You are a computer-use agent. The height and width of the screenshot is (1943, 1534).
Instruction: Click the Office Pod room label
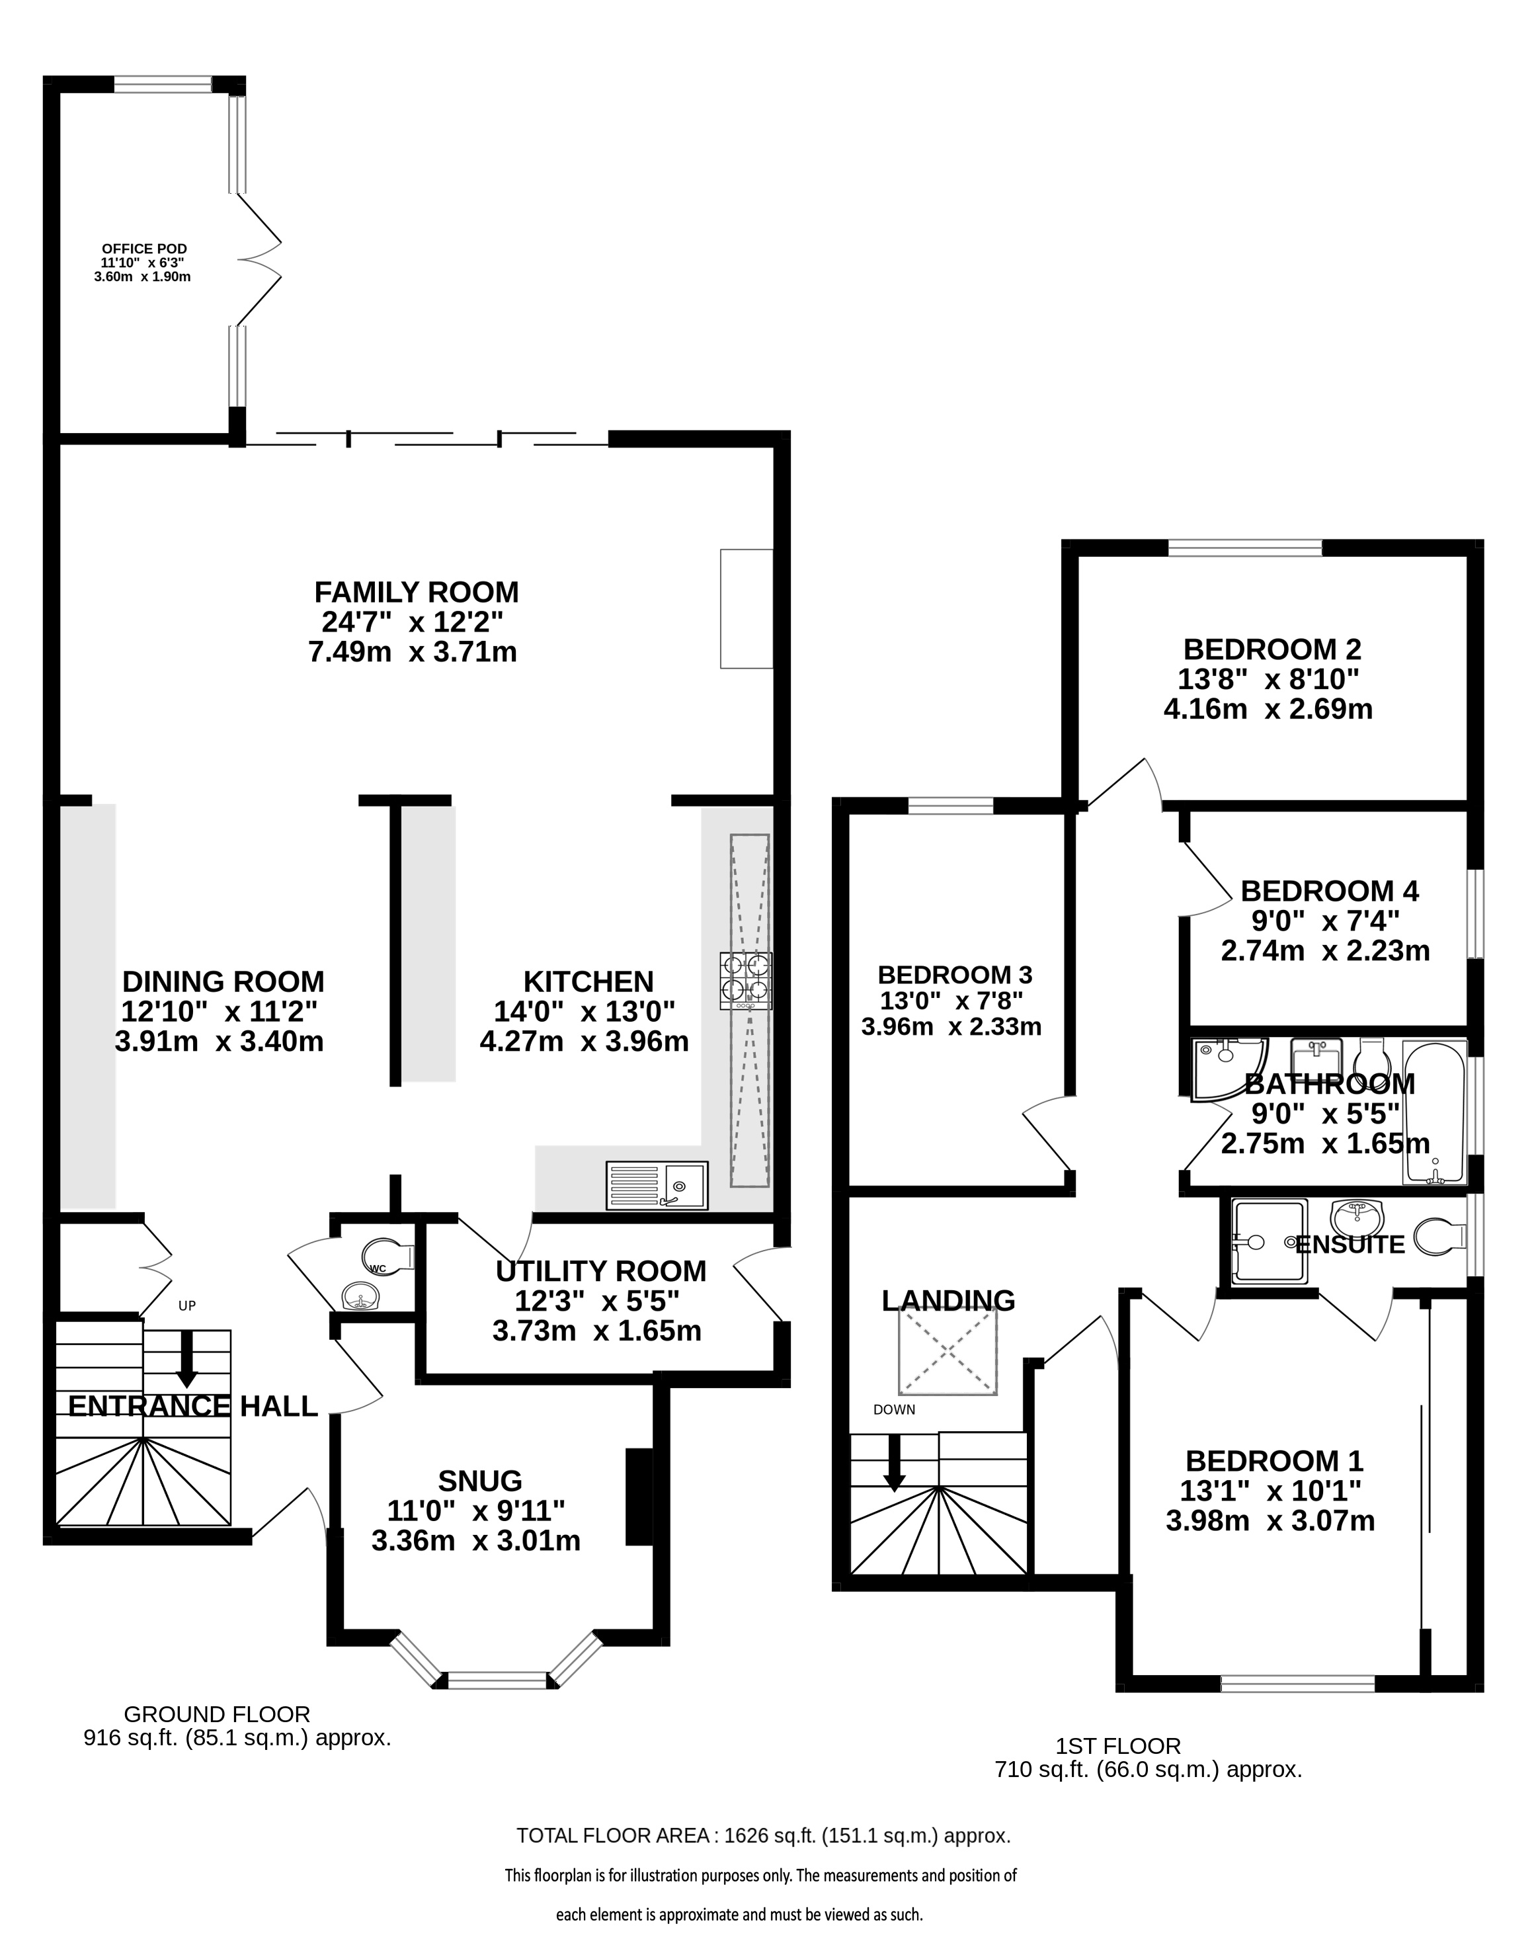pos(143,249)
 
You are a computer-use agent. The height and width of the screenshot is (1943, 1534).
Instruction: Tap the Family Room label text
pos(417,593)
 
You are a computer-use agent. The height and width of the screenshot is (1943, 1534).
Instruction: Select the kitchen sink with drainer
pos(657,1185)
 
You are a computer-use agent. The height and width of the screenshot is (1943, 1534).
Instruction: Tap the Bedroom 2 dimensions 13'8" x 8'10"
pos(1269,679)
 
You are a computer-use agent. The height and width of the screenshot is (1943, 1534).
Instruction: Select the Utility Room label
pos(601,1271)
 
